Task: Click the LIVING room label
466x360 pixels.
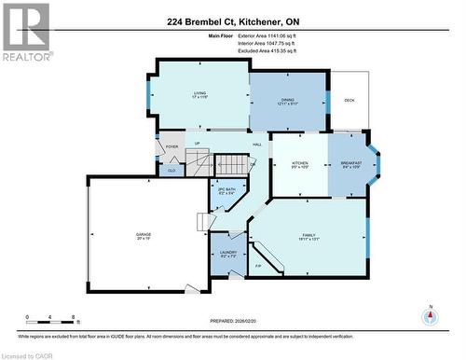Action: (x=199, y=93)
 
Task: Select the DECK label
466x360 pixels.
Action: (x=349, y=101)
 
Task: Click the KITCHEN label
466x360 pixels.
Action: (x=300, y=163)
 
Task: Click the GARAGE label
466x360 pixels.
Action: (x=144, y=235)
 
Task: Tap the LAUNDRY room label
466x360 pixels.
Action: (x=228, y=253)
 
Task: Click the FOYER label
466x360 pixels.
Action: (x=171, y=146)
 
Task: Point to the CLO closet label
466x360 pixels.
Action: (x=171, y=170)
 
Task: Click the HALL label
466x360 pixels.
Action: (x=256, y=145)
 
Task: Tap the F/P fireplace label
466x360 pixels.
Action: (x=258, y=266)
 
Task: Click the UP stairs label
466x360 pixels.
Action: (x=198, y=143)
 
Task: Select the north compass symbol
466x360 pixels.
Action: (x=430, y=315)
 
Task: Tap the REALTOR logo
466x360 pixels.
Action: (x=26, y=33)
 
